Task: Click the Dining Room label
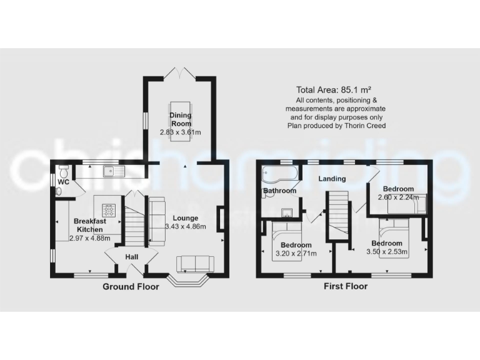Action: coord(181,119)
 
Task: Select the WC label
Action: coord(62,182)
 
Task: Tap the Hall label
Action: coord(131,257)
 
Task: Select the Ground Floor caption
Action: coord(131,287)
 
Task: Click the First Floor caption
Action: coord(345,287)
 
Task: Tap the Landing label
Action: coord(332,179)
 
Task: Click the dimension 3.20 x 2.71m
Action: coord(296,253)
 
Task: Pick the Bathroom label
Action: coord(279,191)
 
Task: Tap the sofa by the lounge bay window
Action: coord(195,264)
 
